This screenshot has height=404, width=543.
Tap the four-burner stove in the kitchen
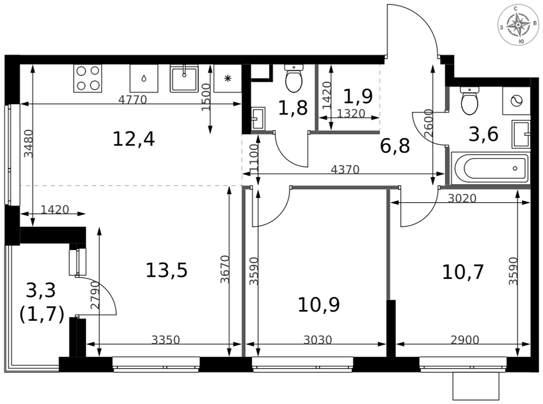click(87, 78)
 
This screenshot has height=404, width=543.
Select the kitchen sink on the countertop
click(184, 78)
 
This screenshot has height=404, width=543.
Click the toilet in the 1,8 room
click(294, 78)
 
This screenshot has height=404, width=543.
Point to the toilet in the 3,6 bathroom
click(470, 101)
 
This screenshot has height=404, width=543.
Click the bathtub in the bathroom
click(490, 169)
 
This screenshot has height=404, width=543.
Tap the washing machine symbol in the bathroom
click(516, 101)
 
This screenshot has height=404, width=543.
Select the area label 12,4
click(134, 139)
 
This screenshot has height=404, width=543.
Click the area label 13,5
click(167, 270)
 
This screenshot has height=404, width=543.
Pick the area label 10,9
click(319, 305)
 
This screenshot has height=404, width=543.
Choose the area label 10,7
click(463, 272)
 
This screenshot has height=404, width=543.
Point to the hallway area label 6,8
click(395, 146)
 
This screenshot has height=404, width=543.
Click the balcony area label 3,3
click(41, 290)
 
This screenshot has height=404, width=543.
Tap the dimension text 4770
click(132, 100)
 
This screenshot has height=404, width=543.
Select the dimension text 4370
click(345, 170)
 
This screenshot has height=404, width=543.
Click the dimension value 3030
click(318, 340)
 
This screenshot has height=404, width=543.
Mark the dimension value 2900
click(465, 340)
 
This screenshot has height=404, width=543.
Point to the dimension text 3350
click(166, 340)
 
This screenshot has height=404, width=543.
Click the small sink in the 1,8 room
click(258, 118)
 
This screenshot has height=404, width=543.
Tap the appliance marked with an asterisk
click(228, 78)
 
